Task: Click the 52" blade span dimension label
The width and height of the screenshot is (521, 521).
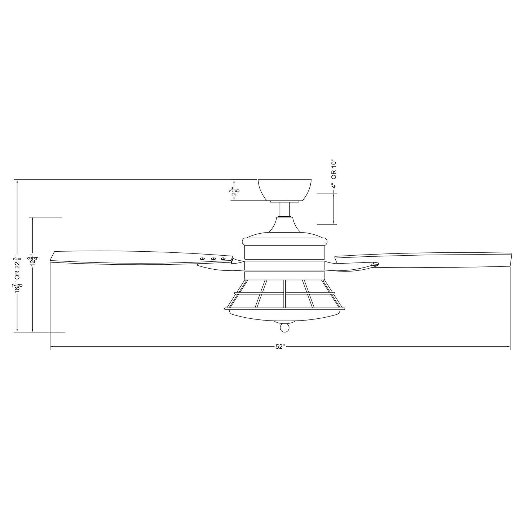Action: pyautogui.click(x=280, y=347)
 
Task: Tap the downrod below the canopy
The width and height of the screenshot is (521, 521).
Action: pyautogui.click(x=285, y=209)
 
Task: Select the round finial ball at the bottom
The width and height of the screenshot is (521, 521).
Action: pyautogui.click(x=285, y=327)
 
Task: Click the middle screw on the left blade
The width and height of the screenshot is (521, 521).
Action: pyautogui.click(x=213, y=259)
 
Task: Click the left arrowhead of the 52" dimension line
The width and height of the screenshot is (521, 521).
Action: pyautogui.click(x=52, y=347)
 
